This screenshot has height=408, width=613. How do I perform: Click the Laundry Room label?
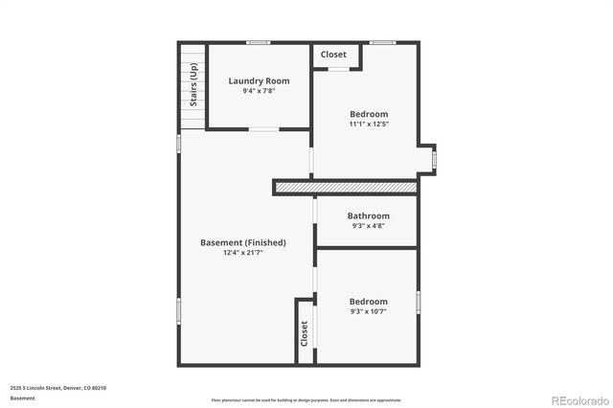point(259,80)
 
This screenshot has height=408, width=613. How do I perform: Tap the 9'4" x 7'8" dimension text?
point(259,92)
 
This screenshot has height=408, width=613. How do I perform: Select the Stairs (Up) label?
point(193,85)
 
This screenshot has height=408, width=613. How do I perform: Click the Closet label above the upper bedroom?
point(333,55)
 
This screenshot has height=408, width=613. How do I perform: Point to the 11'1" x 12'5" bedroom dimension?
point(369,124)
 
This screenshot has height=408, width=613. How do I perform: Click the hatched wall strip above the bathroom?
point(346,187)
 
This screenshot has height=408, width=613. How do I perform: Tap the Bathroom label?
point(369,215)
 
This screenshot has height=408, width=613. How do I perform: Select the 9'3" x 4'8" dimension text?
point(369,227)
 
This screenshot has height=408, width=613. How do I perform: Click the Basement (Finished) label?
point(242,242)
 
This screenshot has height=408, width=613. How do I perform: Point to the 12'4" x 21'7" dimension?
point(242,254)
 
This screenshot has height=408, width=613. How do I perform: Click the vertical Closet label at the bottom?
point(305,333)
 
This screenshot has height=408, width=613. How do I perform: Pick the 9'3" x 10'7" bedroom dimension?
point(369,312)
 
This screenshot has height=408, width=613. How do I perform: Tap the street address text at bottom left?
point(58,388)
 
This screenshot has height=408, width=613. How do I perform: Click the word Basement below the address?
point(23,398)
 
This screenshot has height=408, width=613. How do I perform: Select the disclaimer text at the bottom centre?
point(306,400)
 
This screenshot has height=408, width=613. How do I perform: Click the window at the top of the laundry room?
point(258,42)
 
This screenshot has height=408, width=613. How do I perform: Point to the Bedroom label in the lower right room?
point(369,301)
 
